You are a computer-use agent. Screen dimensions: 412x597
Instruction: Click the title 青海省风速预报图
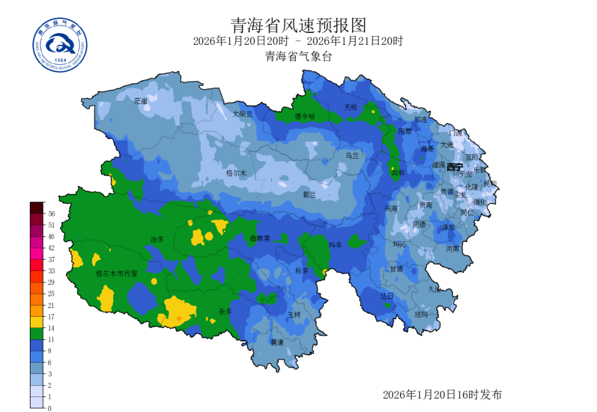coord(298,25)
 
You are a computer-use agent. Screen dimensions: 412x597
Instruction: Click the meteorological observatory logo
coord(60,45)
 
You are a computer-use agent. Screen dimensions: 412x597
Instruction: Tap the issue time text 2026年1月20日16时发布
coord(442,395)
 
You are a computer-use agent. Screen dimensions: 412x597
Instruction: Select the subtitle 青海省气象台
coord(298,57)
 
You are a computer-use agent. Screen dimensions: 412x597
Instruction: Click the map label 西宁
coord(455,167)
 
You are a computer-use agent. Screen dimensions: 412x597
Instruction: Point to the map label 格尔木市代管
coord(116,273)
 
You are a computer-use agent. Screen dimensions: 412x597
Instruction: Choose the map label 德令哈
coord(305,116)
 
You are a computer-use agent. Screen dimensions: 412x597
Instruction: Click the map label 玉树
coord(294,315)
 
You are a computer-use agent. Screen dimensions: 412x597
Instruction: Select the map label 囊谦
coord(277,342)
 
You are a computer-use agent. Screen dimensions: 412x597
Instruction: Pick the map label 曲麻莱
coord(260,238)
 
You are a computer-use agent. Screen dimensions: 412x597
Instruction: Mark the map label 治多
coord(157,239)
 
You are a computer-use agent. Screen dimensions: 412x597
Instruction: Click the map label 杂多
coord(224,311)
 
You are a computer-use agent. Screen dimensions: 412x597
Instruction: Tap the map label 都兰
coord(310,194)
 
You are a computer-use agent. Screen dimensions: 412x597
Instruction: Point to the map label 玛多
coord(335,245)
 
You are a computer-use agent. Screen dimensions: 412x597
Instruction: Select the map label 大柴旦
coord(243,114)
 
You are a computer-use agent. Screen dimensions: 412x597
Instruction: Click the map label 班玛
coord(422,314)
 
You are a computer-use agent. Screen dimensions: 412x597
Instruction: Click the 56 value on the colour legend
coord(51,213)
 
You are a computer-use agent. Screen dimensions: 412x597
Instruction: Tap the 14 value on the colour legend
coord(51,328)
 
